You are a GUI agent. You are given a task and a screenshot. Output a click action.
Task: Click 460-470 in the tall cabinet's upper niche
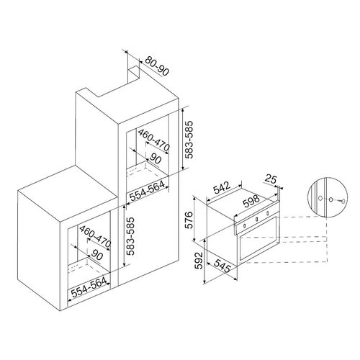click(x=153, y=144)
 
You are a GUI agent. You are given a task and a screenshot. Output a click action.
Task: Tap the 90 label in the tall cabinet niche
click(x=155, y=158)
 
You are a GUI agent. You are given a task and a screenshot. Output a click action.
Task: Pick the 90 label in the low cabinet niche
click(x=96, y=253)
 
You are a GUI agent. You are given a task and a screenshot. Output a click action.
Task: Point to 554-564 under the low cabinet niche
click(x=89, y=294)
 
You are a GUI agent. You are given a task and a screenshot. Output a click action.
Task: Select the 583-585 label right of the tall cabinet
click(x=189, y=141)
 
